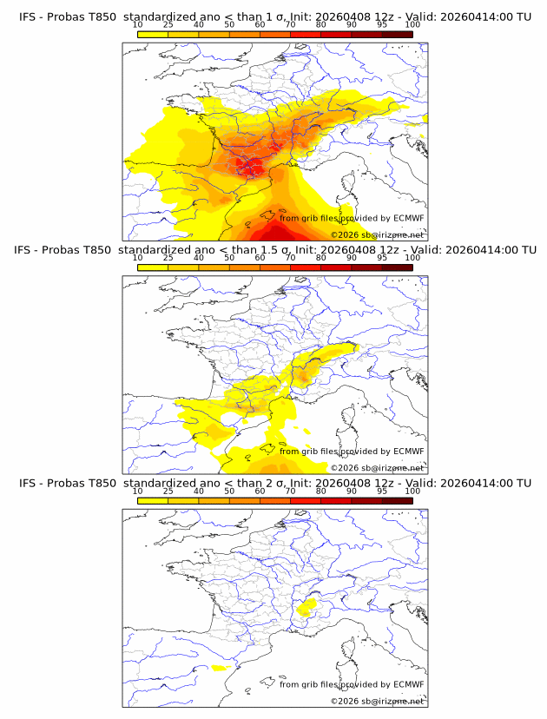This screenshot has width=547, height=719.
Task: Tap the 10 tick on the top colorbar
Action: click(x=138, y=25)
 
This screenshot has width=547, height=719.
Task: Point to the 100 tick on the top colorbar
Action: click(x=412, y=25)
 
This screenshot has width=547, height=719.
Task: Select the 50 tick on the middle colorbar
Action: click(x=229, y=258)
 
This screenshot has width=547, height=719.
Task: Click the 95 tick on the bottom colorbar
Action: click(x=382, y=491)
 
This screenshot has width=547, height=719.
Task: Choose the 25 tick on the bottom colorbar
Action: click(x=168, y=491)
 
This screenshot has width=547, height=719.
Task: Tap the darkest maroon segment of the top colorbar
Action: click(x=397, y=34)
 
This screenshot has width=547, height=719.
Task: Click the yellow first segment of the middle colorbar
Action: click(x=153, y=267)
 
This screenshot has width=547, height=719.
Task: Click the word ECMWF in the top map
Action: click(x=408, y=218)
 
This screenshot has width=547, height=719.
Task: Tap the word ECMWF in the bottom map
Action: click(x=408, y=683)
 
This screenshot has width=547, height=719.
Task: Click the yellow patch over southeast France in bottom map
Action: click(x=305, y=609)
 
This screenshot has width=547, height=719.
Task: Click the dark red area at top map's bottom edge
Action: click(x=275, y=234)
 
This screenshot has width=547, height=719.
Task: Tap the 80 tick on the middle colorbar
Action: click(x=321, y=258)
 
